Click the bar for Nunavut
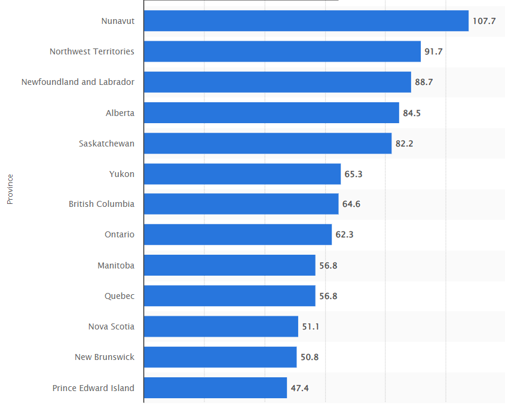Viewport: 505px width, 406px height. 306,20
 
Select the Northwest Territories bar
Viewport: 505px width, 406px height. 282,51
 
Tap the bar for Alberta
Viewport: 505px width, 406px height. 271,113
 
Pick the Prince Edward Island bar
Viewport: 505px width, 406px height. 215,388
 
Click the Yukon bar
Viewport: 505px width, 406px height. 242,174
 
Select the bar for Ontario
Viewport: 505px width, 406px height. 238,235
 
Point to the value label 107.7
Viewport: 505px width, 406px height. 484,21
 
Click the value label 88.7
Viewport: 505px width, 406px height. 424,82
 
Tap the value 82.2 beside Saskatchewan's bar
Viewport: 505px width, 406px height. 404,144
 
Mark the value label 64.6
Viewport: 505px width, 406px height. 351,204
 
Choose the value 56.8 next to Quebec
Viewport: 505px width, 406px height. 328,296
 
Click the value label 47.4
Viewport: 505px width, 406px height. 299,388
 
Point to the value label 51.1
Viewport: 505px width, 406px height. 311,326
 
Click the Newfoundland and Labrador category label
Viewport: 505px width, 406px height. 78,82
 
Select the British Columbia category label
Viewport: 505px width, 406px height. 102,204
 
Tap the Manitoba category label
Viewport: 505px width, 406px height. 116,265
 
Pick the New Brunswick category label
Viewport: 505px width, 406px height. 105,357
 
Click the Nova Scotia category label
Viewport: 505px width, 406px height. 111,326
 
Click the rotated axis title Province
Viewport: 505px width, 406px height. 10,189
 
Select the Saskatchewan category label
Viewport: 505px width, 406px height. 106,144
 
